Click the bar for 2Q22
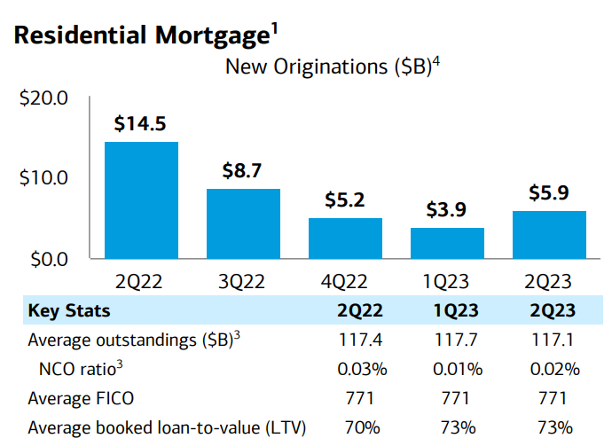tap(141, 200)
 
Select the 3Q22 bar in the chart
tap(243, 223)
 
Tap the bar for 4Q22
tap(345, 238)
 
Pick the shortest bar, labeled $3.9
tap(447, 243)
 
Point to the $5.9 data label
tap(549, 192)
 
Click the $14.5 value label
tap(140, 124)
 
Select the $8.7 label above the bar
tap(243, 171)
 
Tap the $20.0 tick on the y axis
tap(43, 98)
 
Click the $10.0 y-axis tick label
tap(43, 178)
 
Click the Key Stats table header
tap(69, 311)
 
